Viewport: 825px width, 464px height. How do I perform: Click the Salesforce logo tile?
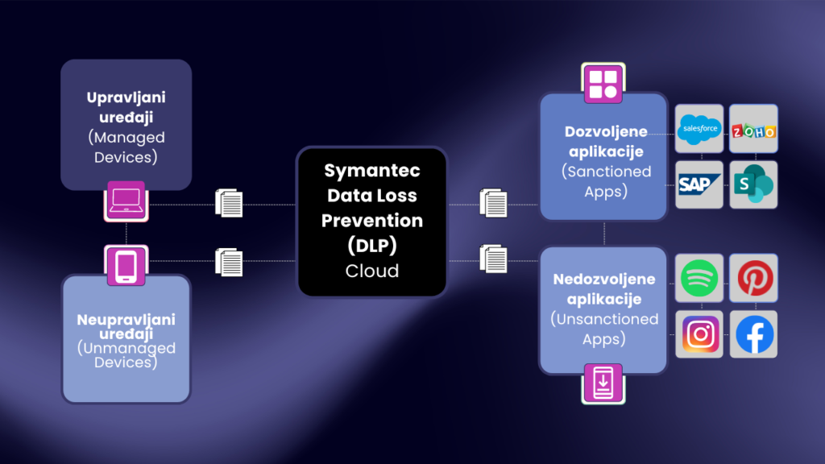(699, 128)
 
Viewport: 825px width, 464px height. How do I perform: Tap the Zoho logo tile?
(753, 129)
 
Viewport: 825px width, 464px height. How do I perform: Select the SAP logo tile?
(699, 184)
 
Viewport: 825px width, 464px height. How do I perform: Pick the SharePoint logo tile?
(753, 184)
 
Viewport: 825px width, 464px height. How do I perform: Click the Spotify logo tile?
(699, 278)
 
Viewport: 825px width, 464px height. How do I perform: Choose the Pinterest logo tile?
(754, 278)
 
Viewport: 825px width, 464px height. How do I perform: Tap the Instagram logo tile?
(699, 333)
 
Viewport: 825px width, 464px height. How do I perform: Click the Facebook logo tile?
(754, 333)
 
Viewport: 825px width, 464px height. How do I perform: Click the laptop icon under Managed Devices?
(126, 201)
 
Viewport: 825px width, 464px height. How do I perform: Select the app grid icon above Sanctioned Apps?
(603, 83)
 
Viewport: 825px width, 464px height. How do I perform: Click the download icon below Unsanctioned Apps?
(603, 382)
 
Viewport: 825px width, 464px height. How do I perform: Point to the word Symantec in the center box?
(371, 171)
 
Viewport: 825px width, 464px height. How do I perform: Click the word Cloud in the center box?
(371, 271)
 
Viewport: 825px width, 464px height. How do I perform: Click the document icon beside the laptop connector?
(230, 203)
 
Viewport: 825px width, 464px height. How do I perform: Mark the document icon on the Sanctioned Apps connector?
(494, 202)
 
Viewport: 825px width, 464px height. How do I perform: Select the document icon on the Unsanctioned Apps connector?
(494, 259)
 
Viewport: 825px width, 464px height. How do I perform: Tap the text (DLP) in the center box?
(371, 245)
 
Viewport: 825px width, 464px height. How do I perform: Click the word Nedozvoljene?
(603, 280)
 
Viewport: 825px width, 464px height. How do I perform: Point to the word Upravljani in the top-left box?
(126, 97)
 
